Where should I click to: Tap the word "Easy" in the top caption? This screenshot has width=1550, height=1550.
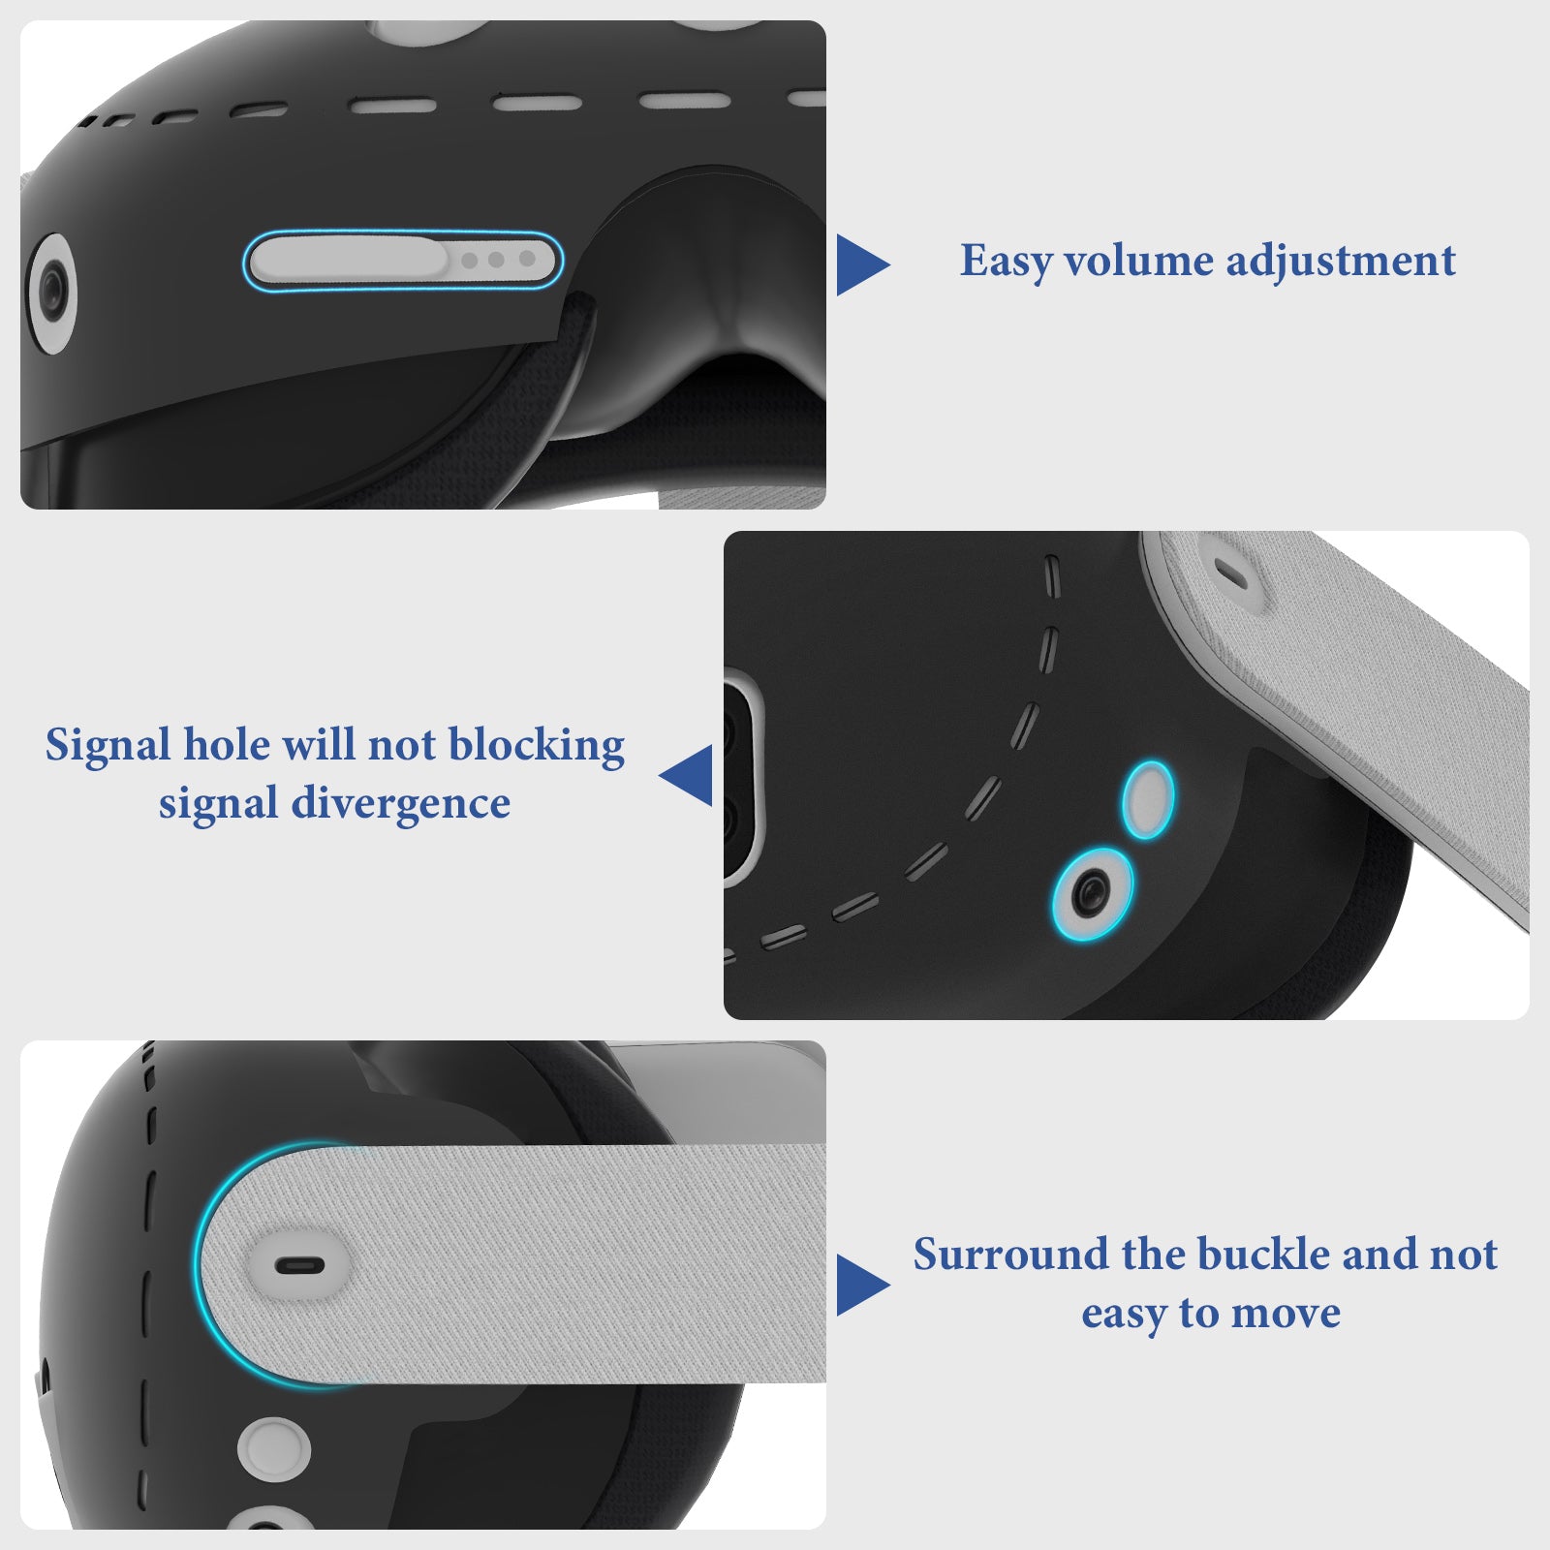1006,262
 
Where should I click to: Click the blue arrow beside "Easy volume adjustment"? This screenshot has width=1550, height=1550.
860,264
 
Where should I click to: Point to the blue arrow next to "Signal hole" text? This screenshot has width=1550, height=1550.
688,775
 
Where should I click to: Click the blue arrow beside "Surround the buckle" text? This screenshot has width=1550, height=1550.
860,1285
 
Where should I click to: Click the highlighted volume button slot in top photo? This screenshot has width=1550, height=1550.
403,261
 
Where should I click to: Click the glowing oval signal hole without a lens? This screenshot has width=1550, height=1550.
1148,799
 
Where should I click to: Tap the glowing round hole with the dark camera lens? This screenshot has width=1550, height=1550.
1093,892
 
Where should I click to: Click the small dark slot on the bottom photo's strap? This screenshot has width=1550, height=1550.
299,1265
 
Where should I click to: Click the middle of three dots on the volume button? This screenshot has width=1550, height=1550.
496,260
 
